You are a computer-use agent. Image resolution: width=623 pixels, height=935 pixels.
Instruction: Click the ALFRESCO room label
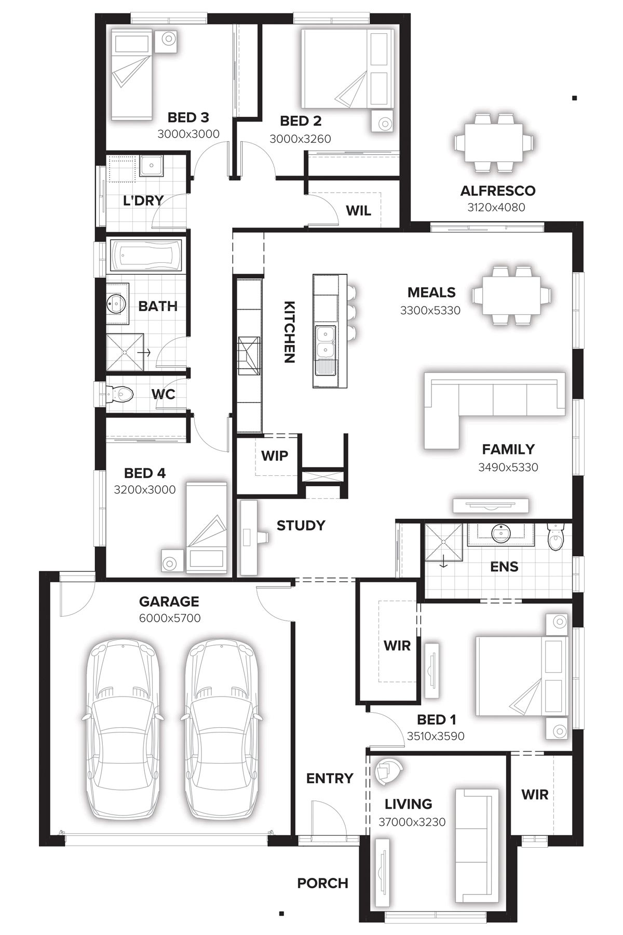tap(497, 191)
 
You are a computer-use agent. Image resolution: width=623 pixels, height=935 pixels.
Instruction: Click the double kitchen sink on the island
tap(325, 343)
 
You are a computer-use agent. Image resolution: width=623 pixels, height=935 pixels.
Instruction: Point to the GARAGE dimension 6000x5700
tap(169, 618)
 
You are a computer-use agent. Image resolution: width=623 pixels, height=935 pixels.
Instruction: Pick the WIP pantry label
tap(274, 456)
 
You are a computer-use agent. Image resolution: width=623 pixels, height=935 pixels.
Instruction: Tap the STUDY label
tap(301, 525)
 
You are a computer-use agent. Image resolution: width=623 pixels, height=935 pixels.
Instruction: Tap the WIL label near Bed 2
tap(358, 210)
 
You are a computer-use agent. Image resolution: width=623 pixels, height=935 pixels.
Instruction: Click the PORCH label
tap(322, 883)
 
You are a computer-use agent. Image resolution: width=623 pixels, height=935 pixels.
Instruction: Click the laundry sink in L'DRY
tap(152, 167)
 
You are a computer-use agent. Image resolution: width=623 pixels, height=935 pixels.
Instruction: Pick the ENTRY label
tap(329, 778)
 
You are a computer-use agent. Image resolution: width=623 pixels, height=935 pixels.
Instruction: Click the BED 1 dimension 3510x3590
tap(435, 736)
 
